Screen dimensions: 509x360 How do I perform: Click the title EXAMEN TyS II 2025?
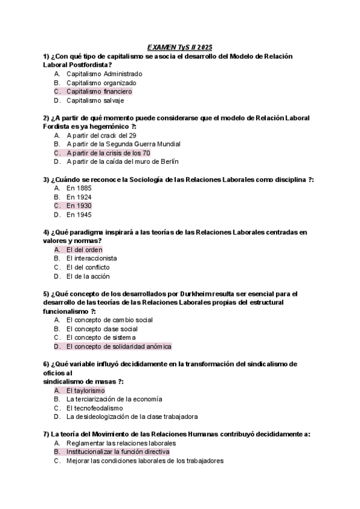point(179,47)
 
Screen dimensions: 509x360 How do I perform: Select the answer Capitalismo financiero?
point(99,91)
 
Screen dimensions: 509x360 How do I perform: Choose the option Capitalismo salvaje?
point(95,100)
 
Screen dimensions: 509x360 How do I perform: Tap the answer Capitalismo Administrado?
point(104,74)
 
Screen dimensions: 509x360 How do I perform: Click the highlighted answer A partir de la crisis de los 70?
point(108,152)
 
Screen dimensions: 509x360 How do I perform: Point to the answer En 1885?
point(79,188)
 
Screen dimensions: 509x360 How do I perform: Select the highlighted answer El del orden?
point(84,249)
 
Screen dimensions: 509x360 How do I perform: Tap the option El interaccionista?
point(91,258)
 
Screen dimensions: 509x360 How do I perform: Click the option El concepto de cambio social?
point(109,320)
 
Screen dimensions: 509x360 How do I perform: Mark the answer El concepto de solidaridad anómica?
point(119,346)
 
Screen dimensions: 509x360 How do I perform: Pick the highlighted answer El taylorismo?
point(85,390)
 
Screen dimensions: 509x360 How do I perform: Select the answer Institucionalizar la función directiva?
point(118,451)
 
